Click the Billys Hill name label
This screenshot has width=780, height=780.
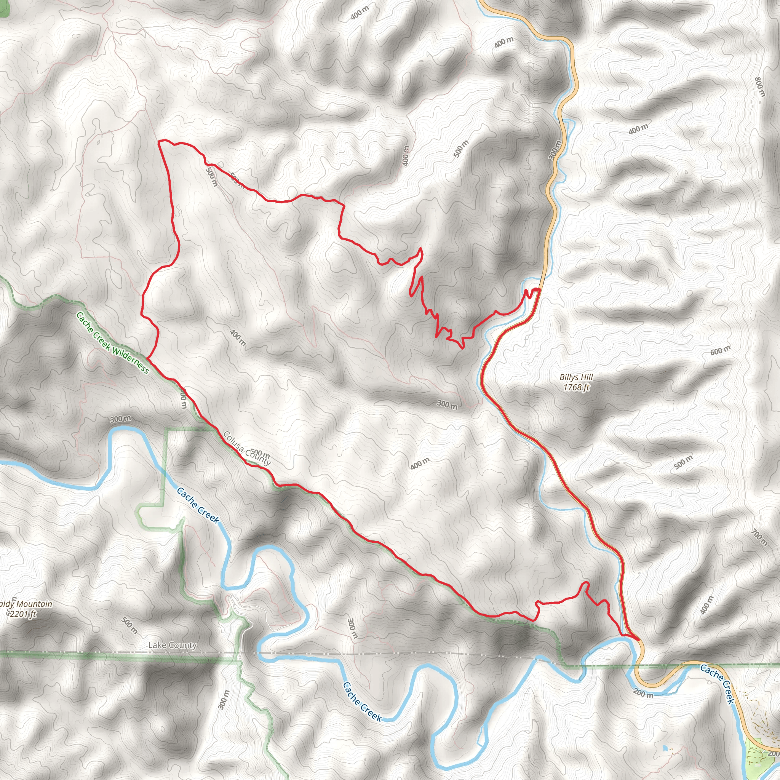[576, 377]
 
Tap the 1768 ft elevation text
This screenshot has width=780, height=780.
[577, 387]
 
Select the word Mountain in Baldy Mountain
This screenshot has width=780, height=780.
[34, 604]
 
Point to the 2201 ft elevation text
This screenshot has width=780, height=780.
[23, 614]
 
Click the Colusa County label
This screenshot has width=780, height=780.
[247, 449]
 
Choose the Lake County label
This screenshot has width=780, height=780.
[173, 645]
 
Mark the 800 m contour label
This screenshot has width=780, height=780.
[760, 87]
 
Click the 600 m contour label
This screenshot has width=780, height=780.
[721, 350]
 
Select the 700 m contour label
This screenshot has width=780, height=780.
[759, 537]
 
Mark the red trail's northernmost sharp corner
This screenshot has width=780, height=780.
[160, 141]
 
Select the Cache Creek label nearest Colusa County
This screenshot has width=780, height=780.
[198, 506]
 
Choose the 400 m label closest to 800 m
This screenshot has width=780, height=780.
[638, 129]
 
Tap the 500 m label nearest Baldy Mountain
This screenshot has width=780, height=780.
[129, 625]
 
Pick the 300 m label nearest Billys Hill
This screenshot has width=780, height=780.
[448, 404]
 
